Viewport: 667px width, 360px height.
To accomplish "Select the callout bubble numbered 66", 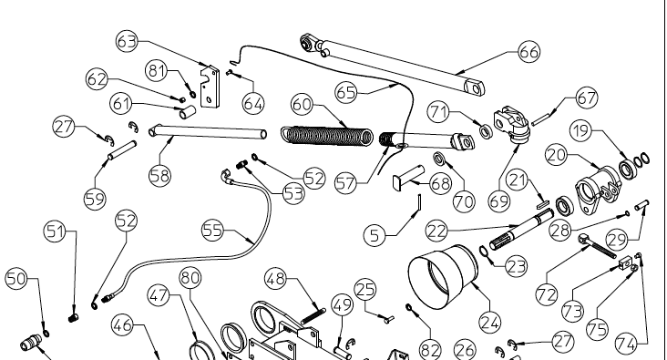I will (528, 52).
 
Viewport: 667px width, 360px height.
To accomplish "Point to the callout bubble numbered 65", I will (345, 92).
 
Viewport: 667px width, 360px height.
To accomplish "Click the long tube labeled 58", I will (210, 134).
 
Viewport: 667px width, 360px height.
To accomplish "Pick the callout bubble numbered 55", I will (212, 231).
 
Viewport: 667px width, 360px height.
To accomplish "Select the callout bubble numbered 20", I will (557, 155).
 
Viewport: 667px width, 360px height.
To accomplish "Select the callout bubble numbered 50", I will (17, 278).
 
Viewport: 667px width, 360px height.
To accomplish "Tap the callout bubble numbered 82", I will (429, 347).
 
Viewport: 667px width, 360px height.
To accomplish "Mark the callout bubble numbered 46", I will (123, 324).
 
